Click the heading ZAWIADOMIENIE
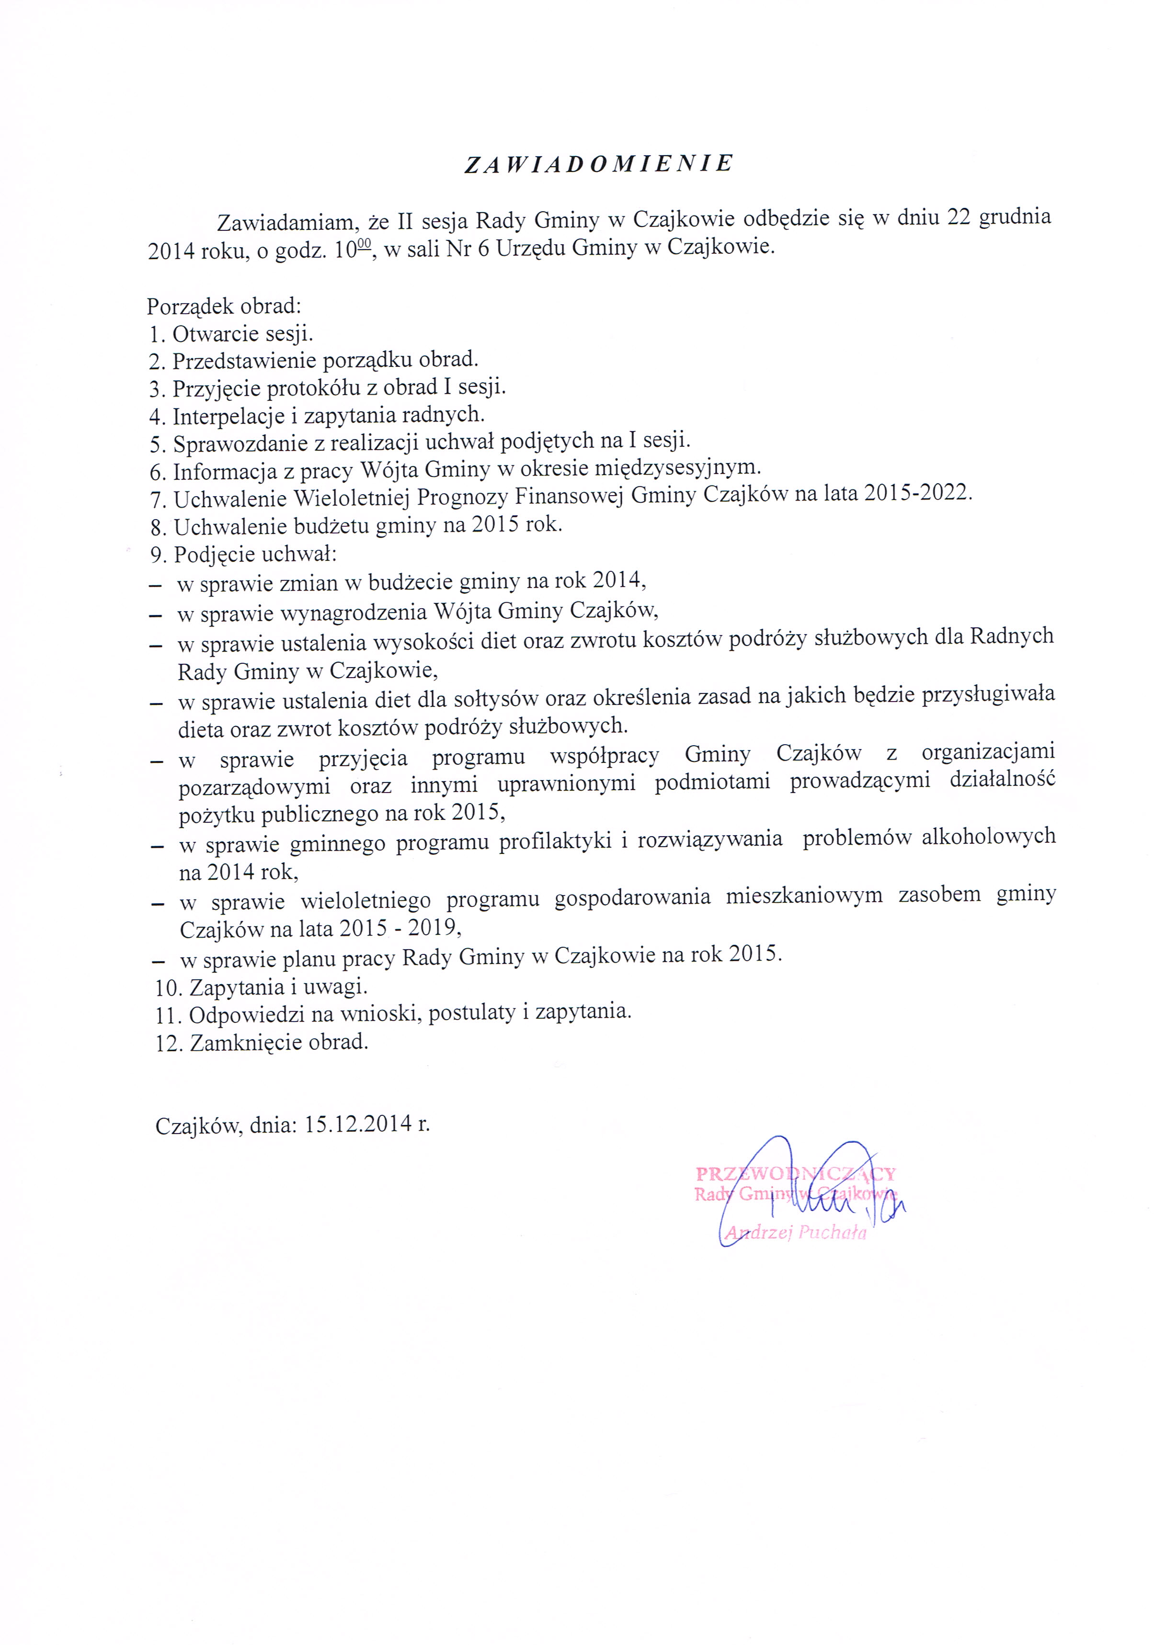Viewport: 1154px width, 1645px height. [x=598, y=164]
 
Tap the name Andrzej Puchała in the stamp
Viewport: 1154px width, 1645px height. [x=796, y=1232]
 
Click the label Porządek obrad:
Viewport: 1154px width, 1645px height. [x=224, y=306]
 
